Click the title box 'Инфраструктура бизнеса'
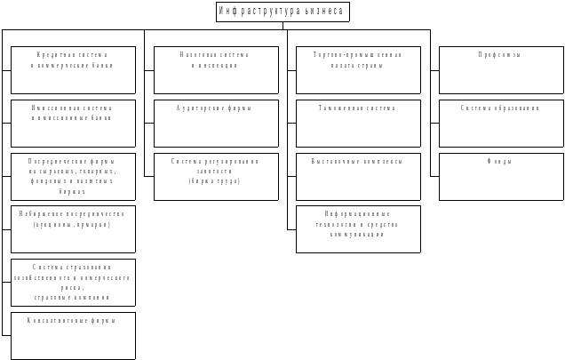tap(282, 12)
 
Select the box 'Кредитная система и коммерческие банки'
tap(73, 70)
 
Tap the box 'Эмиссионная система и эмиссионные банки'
tap(73, 123)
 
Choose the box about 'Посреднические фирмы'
tap(73, 176)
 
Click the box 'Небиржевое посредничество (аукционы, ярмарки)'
tap(73, 229)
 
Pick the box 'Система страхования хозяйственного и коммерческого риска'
tap(73, 282)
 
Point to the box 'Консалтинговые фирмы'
tap(73, 335)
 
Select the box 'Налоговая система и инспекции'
tap(216, 70)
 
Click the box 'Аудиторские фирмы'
tap(216, 123)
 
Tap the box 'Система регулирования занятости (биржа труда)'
tap(216, 176)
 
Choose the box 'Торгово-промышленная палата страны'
tap(358, 70)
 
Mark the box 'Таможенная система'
tap(358, 123)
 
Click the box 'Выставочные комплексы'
tap(358, 176)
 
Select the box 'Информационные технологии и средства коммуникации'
tap(358, 229)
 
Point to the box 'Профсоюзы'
tap(501, 70)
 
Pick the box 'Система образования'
tap(501, 123)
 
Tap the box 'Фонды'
tap(501, 176)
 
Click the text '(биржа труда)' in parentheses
tap(214, 180)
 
